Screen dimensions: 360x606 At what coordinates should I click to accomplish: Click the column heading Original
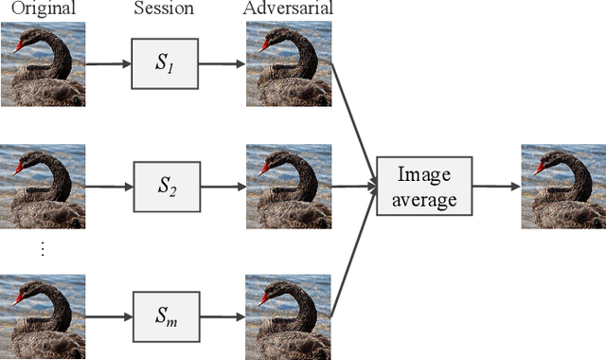click(41, 9)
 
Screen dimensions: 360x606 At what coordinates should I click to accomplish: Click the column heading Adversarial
click(289, 9)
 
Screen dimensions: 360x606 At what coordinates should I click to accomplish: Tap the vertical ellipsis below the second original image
click(42, 249)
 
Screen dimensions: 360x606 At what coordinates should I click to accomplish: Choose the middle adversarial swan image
click(289, 187)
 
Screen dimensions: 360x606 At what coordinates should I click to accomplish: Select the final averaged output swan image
click(562, 187)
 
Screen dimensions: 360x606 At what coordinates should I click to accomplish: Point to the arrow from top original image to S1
click(107, 65)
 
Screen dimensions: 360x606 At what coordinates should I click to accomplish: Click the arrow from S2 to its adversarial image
click(224, 187)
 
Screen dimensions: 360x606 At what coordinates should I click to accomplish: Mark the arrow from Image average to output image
click(496, 187)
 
